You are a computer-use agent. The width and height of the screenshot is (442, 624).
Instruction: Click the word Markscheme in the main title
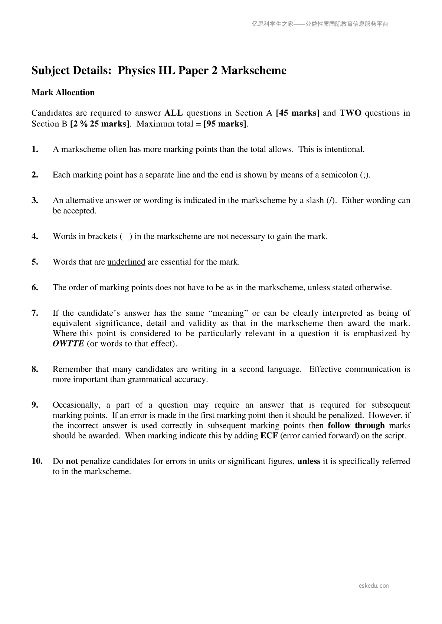253,70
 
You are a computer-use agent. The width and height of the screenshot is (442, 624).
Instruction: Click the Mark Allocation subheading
63,93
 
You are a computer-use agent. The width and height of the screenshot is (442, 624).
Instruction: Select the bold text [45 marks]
298,113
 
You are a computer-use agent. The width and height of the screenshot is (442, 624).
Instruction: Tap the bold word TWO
350,113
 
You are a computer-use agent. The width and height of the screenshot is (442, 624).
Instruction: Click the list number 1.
35,149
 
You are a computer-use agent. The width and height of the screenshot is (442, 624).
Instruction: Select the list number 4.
35,236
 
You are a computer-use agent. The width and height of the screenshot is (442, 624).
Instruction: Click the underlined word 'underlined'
126,262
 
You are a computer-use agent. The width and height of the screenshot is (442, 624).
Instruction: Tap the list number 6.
35,288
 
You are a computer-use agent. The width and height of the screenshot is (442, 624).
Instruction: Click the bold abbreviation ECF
269,436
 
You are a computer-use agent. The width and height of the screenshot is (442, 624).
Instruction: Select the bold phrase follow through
356,425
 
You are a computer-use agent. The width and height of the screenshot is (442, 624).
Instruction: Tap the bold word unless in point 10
309,461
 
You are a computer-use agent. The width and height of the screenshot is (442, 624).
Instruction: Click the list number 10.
37,461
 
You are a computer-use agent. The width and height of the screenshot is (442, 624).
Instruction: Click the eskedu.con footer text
374,586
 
